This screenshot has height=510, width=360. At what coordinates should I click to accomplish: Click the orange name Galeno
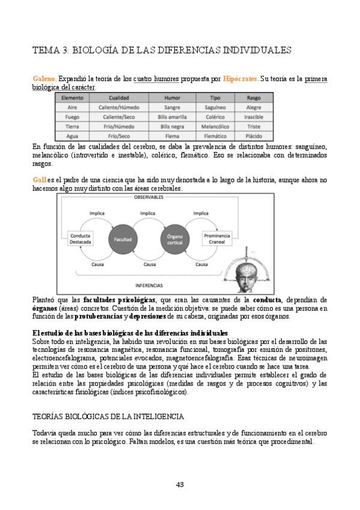[44, 79]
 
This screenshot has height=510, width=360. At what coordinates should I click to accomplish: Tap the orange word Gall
[38, 180]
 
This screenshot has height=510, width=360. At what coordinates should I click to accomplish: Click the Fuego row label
[72, 117]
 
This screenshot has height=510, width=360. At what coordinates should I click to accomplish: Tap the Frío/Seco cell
[118, 137]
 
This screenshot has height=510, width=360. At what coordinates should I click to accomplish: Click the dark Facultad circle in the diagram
[119, 239]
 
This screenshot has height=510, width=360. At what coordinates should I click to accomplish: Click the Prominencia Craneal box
[217, 239]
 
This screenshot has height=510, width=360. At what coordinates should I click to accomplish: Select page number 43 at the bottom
[180, 485]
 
